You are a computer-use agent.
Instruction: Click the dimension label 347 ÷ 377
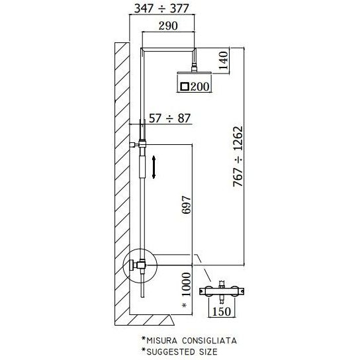point(162,9)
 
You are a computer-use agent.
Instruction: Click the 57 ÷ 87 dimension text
point(170,118)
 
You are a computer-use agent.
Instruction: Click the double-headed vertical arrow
point(154,166)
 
